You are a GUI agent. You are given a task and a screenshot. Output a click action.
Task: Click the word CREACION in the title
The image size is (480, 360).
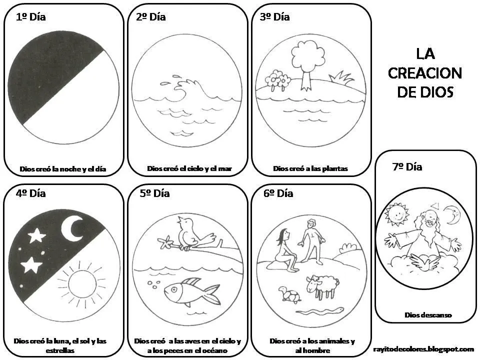point(424,73)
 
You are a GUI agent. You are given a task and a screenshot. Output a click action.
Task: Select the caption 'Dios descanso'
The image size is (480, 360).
point(428,315)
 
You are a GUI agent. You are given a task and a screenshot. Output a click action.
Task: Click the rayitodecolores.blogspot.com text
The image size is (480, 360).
point(423,349)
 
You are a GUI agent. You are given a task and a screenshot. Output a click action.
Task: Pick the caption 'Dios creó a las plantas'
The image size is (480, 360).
point(310,168)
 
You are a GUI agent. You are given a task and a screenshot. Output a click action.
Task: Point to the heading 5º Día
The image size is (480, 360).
point(154,193)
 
